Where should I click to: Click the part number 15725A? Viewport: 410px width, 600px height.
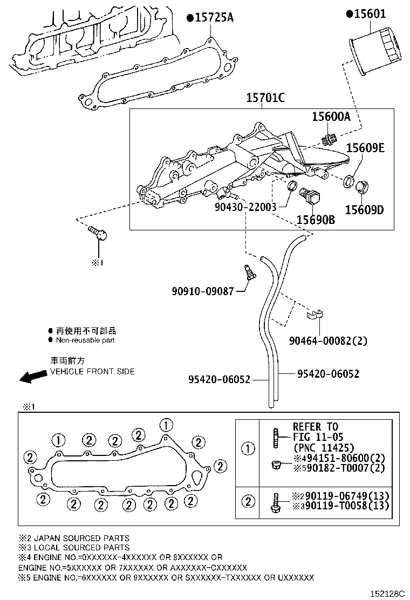(x=213, y=18)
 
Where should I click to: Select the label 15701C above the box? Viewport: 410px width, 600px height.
(x=265, y=98)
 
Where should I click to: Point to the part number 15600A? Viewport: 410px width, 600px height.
(x=331, y=117)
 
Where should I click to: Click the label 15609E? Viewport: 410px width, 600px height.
(x=365, y=148)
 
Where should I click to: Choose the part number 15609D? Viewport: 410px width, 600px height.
(x=364, y=209)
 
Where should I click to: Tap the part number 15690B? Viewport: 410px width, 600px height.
(x=316, y=220)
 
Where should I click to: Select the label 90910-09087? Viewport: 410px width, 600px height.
(x=203, y=291)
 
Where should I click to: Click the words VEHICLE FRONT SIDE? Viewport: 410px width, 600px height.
(x=92, y=371)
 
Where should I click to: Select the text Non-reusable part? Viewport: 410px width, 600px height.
(x=86, y=340)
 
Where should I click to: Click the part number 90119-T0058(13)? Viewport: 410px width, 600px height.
(x=339, y=506)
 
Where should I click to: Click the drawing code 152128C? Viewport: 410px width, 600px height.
(x=386, y=593)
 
